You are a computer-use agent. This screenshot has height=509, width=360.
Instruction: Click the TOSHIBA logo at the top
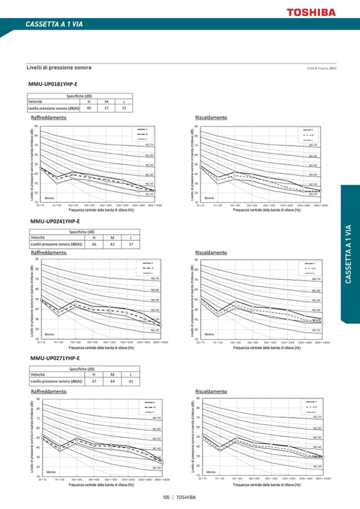(311, 11)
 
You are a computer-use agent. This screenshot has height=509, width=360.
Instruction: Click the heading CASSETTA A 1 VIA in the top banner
(54, 24)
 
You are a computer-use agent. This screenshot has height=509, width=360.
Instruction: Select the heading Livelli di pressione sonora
(59, 68)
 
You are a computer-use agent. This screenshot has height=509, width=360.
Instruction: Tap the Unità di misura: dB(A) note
(321, 68)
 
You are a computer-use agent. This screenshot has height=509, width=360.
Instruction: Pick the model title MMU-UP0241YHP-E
(55, 221)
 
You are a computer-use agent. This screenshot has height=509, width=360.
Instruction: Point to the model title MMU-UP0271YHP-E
(55, 358)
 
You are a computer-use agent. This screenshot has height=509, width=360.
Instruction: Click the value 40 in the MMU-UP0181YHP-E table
(89, 108)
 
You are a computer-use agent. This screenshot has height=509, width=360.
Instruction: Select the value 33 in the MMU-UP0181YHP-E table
(124, 108)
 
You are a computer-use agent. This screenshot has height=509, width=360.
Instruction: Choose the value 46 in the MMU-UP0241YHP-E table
(94, 245)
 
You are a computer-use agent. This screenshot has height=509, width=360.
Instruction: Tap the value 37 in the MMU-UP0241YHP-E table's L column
(131, 245)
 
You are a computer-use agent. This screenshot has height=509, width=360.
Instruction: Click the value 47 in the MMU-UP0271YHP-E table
(94, 381)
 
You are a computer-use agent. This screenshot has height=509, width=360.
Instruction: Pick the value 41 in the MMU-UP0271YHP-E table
(131, 381)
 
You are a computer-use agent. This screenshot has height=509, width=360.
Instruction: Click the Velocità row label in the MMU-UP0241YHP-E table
(38, 238)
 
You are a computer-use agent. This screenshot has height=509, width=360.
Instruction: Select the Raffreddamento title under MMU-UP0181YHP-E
(49, 117)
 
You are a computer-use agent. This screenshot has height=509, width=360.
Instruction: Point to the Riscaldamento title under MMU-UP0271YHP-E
(211, 391)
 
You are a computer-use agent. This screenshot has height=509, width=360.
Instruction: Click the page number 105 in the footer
(166, 497)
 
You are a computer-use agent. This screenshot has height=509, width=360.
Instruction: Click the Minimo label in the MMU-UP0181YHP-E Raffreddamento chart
(49, 198)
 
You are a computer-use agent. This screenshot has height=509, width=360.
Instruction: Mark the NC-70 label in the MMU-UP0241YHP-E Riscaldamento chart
(316, 279)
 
